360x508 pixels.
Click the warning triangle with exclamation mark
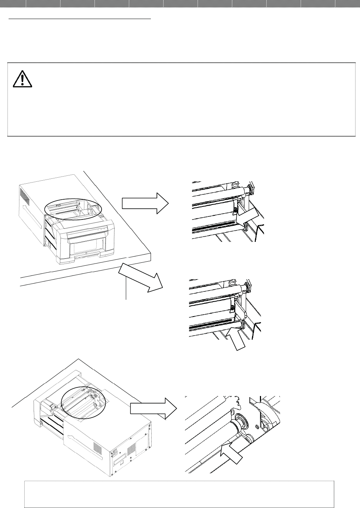[22, 79]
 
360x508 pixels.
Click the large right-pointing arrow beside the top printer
[145, 203]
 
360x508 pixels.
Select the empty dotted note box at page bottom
[179, 494]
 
